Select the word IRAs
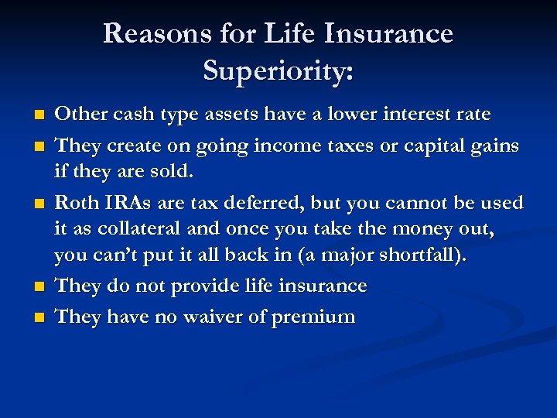(x=125, y=203)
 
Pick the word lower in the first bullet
(x=352, y=115)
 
